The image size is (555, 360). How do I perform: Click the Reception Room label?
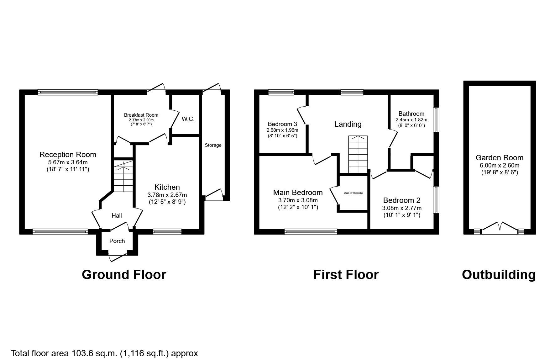click(x=68, y=155)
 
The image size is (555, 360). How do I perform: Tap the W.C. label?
click(x=188, y=119)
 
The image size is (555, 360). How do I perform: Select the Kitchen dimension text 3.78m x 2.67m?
click(x=167, y=195)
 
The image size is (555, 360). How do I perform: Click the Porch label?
click(x=117, y=241)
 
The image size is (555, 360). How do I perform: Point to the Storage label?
click(x=213, y=145)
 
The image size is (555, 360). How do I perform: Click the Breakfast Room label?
click(x=141, y=115)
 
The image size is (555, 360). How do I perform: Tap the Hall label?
click(x=117, y=215)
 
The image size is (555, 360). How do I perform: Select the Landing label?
click(x=348, y=124)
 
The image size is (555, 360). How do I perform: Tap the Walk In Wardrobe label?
click(x=353, y=193)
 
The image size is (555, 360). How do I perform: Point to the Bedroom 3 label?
click(x=282, y=124)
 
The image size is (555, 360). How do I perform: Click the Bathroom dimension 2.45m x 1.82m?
click(x=411, y=120)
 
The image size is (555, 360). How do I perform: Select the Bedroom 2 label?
click(x=401, y=200)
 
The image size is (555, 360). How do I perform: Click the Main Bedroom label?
click(x=298, y=193)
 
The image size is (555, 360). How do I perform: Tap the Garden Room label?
click(x=499, y=158)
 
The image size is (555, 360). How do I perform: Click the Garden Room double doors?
click(x=500, y=228)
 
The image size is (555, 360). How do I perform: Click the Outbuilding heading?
click(x=499, y=275)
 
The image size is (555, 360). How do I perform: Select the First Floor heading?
click(x=346, y=275)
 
